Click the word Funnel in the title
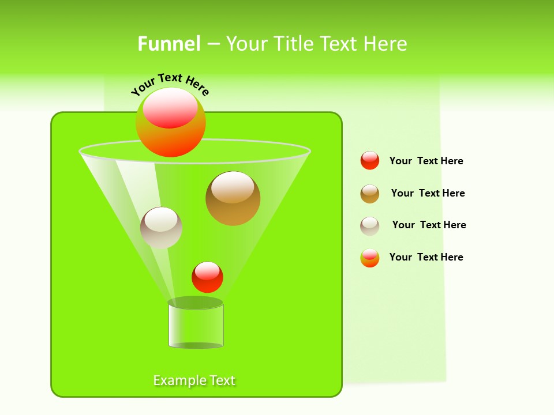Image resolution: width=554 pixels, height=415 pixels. click(169, 43)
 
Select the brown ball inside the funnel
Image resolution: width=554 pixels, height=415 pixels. click(233, 198)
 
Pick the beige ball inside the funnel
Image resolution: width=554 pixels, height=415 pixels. click(161, 228)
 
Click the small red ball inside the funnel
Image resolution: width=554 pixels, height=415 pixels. click(207, 277)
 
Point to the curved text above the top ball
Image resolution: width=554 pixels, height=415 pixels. click(170, 84)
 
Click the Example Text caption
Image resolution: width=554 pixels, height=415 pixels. click(194, 380)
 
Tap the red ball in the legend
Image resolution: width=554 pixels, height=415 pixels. click(370, 161)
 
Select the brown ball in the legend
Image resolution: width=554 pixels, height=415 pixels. click(370, 194)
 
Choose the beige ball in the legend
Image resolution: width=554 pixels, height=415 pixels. click(370, 226)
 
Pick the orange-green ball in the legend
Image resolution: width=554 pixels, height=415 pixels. click(370, 258)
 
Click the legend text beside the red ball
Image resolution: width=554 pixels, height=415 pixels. click(426, 161)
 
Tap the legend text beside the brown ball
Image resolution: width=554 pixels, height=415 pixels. click(428, 193)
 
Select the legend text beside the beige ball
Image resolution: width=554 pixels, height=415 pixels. click(429, 225)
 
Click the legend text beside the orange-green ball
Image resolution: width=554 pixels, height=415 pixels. click(426, 257)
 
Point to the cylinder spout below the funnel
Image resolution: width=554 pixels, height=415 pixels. click(196, 326)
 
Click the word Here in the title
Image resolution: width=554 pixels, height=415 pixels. click(385, 43)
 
